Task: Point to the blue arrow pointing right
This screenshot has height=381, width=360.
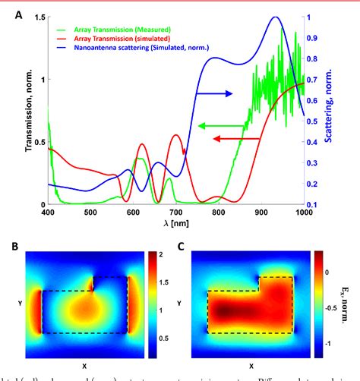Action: tap(213, 93)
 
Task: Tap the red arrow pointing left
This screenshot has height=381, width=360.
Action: tap(232, 139)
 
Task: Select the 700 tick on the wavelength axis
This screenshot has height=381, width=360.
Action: tap(176, 213)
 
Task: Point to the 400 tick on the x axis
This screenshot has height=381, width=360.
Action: tap(49, 213)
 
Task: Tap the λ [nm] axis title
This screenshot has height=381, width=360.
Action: tap(177, 223)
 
